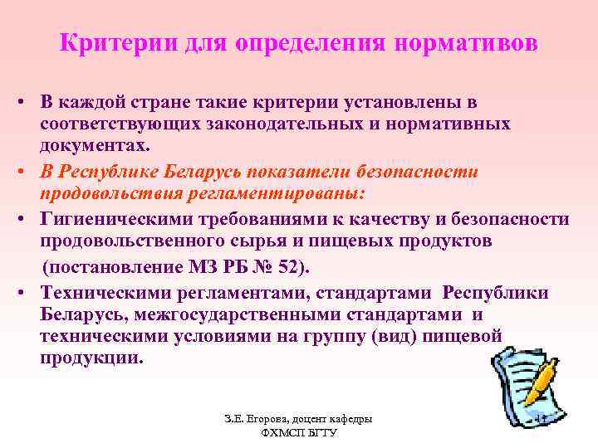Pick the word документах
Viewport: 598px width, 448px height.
point(94,145)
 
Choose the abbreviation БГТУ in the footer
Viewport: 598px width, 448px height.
point(319,434)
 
